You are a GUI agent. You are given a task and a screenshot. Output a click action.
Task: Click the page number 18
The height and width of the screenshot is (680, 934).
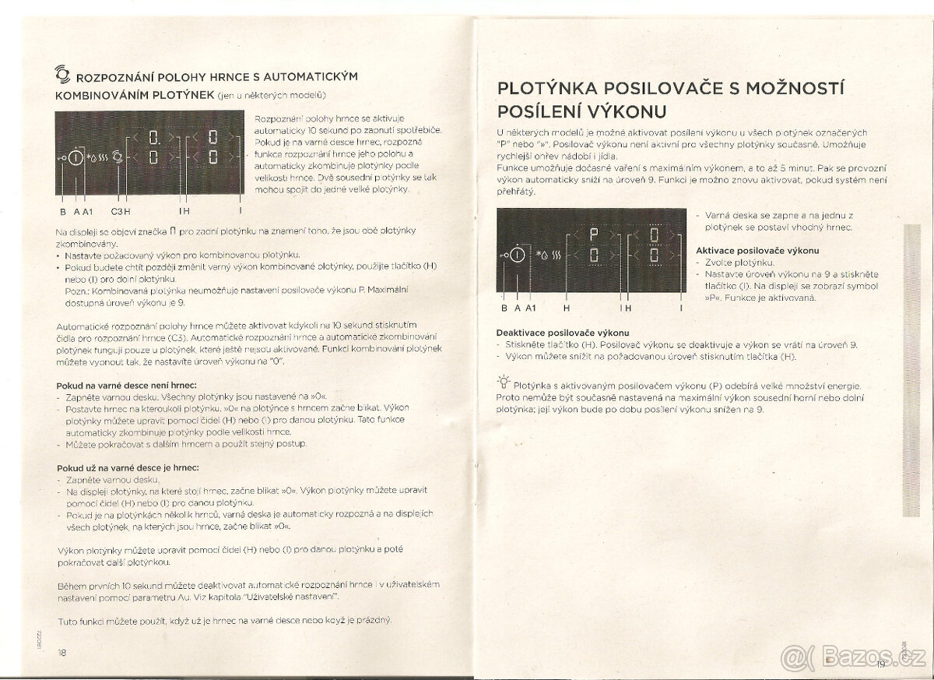[x=62, y=652]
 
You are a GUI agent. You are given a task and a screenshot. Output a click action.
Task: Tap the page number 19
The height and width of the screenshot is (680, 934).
[x=880, y=664]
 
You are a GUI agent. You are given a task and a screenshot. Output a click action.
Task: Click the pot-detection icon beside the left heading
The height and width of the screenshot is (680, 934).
[x=62, y=75]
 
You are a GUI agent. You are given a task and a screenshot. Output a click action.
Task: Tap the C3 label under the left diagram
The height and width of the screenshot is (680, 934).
[x=118, y=210]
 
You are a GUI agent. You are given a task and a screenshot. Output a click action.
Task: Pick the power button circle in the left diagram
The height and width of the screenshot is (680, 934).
[x=76, y=158]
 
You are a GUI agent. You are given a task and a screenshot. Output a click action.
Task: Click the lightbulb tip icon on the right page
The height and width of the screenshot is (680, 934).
[x=504, y=381]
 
